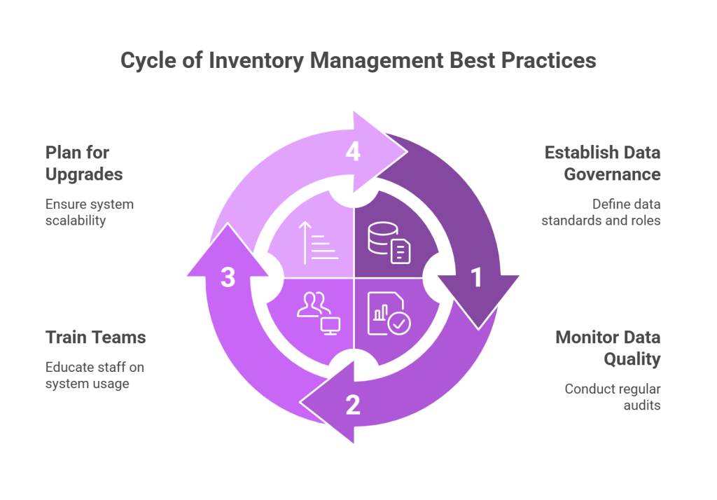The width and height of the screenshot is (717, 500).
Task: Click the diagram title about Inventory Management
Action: point(358,61)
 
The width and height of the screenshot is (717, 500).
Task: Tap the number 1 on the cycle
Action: point(476,278)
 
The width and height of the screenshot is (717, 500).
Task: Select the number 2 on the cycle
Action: point(353,404)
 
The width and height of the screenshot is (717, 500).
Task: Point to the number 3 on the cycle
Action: point(228,278)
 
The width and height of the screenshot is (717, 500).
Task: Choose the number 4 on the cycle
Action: point(353,152)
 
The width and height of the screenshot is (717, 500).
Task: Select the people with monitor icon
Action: point(319,312)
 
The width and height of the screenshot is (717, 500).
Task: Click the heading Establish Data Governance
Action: point(602,162)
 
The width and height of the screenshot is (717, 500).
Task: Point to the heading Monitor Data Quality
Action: point(608,348)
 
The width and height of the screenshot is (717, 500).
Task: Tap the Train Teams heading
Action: point(96,338)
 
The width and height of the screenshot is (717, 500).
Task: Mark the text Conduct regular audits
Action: point(613,396)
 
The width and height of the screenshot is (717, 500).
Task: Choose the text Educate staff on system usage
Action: point(95,375)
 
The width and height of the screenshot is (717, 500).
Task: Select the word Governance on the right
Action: point(613,173)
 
